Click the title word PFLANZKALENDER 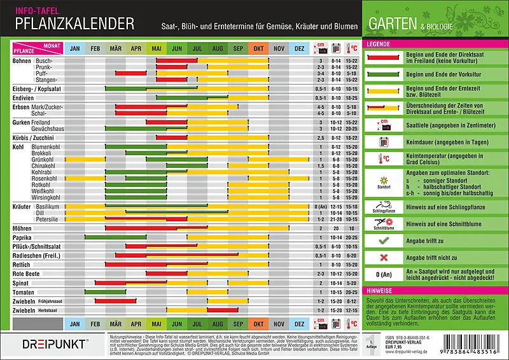pos(74,24)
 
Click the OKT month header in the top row pos(258,48)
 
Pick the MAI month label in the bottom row pos(156,323)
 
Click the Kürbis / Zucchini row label pos(36,137)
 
